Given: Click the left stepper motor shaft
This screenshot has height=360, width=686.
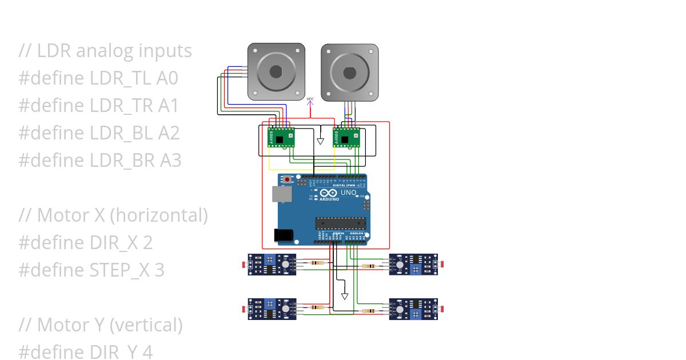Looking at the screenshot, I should click(276, 71).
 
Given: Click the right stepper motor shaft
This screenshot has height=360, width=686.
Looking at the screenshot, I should click(349, 73).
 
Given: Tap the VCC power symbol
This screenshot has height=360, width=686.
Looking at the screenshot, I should click(310, 102).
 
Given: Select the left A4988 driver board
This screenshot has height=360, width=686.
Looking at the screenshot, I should click(281, 138).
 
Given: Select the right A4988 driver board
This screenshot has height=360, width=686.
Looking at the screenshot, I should click(346, 138).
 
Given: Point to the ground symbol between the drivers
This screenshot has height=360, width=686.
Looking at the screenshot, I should click(321, 141).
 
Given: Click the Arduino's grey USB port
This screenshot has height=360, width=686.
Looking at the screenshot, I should click(282, 194).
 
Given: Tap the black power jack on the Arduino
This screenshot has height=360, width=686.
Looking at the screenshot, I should click(283, 234).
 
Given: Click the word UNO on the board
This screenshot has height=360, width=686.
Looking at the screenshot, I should click(349, 193).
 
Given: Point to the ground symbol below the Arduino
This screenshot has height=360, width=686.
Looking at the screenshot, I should click(344, 295).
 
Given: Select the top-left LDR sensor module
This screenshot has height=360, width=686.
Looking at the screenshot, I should click(272, 265).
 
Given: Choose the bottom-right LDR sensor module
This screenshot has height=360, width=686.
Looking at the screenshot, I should click(413, 309).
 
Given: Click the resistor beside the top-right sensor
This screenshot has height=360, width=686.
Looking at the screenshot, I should click(369, 266).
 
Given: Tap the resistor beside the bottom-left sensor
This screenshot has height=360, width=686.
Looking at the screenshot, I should click(316, 307).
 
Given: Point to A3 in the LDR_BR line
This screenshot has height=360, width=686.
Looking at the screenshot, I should click(170, 161).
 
